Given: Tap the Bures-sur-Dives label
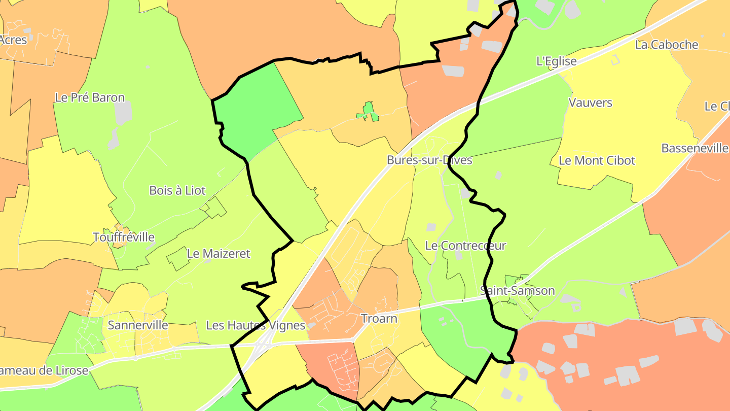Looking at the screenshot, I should pyautogui.click(x=429, y=160).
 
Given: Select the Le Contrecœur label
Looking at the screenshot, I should pyautogui.click(x=465, y=246).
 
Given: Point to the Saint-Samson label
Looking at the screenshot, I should pyautogui.click(x=517, y=291).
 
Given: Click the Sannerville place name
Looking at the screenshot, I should pyautogui.click(x=138, y=325).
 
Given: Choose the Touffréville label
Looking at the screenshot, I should pyautogui.click(x=124, y=237).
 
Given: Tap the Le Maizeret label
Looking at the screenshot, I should pyautogui.click(x=218, y=253).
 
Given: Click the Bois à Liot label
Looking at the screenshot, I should pyautogui.click(x=177, y=190).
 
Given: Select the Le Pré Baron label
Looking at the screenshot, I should pyautogui.click(x=90, y=97).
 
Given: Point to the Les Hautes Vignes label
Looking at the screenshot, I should pyautogui.click(x=255, y=325).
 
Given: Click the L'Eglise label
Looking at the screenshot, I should pyautogui.click(x=556, y=61).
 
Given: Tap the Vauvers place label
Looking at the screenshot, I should pyautogui.click(x=590, y=102).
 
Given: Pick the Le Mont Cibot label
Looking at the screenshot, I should pyautogui.click(x=597, y=160).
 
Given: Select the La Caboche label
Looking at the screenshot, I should pyautogui.click(x=666, y=45).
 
